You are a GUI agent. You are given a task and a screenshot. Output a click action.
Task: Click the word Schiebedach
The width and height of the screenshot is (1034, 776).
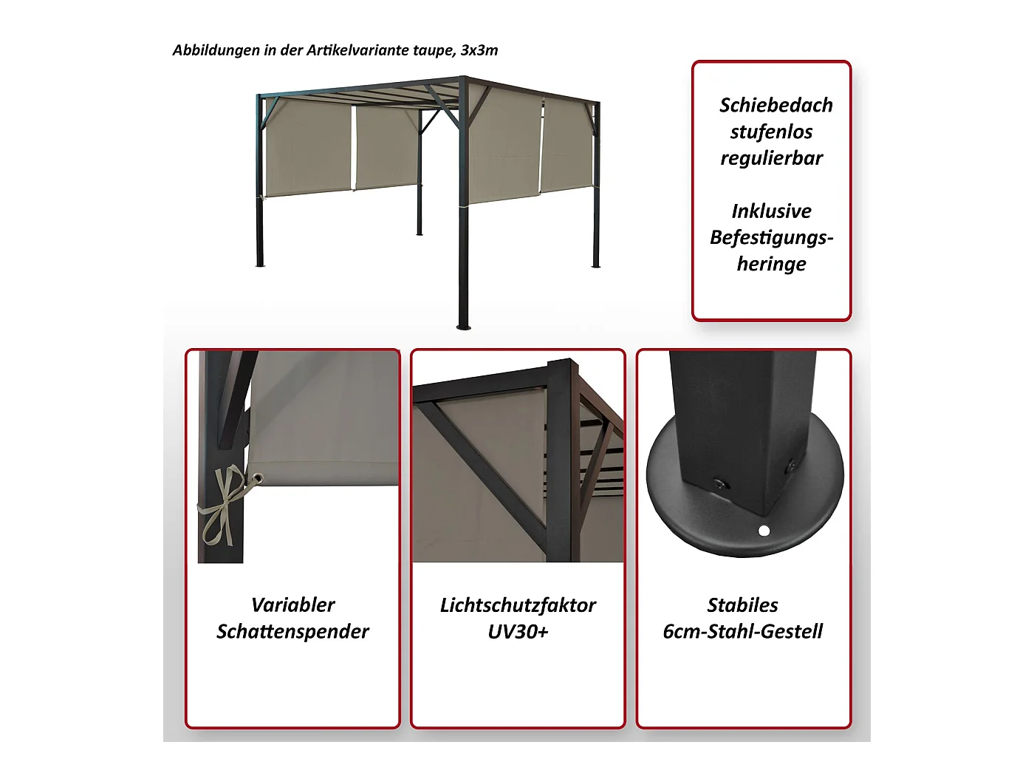pyautogui.click(x=775, y=105)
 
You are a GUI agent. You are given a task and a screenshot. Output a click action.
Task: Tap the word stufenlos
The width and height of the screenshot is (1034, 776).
pyautogui.click(x=772, y=132)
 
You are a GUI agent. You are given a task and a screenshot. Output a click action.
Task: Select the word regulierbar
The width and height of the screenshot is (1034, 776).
pyautogui.click(x=772, y=158)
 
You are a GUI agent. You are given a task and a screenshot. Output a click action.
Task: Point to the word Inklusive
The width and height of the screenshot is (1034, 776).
pyautogui.click(x=772, y=211)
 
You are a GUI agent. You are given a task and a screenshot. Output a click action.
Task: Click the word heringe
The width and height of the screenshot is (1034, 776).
pyautogui.click(x=772, y=265)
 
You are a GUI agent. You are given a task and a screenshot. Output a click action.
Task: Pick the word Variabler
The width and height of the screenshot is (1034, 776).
pyautogui.click(x=292, y=605)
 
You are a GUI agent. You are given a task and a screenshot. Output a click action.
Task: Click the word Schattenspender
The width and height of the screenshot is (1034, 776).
pyautogui.click(x=292, y=632)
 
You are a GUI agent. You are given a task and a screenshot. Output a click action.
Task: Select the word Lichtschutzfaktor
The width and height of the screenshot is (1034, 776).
pyautogui.click(x=518, y=605)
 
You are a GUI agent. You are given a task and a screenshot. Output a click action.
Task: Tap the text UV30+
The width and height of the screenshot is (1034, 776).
pyautogui.click(x=518, y=632)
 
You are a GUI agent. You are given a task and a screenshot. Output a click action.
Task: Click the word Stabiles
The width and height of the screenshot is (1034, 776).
pyautogui.click(x=742, y=605)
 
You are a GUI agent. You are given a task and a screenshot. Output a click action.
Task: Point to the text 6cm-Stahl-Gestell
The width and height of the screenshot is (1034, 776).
pyautogui.click(x=742, y=631)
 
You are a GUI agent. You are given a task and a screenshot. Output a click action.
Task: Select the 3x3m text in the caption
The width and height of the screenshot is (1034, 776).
pyautogui.click(x=479, y=50)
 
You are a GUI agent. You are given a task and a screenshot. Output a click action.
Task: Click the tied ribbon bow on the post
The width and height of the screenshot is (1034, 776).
pyautogui.click(x=222, y=506)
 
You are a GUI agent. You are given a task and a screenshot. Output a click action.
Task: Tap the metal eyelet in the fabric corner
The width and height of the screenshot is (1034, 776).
pyautogui.click(x=258, y=479)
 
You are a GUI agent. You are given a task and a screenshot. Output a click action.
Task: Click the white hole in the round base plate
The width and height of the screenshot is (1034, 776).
pyautogui.click(x=764, y=531)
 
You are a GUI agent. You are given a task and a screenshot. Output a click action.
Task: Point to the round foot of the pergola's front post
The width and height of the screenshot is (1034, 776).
pyautogui.click(x=464, y=327)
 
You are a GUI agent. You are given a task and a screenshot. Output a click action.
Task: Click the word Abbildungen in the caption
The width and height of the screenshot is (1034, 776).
pyautogui.click(x=216, y=50)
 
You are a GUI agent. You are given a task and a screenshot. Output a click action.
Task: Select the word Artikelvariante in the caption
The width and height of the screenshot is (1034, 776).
pyautogui.click(x=357, y=50)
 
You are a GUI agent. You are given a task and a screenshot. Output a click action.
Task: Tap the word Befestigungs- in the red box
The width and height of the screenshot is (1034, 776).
pyautogui.click(x=772, y=238)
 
